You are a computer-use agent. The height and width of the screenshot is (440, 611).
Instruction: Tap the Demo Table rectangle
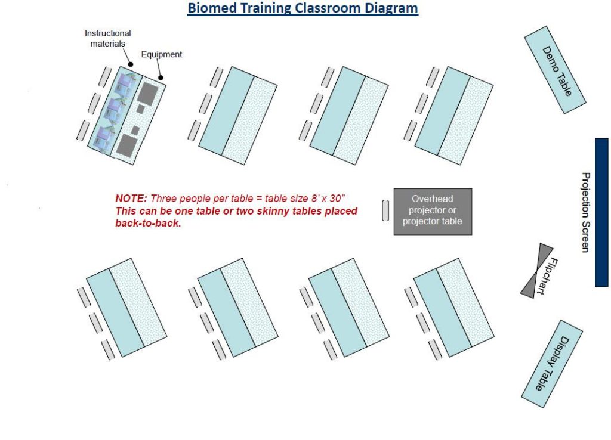coord(554,70)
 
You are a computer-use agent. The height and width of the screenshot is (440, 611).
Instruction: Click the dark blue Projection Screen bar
coord(601,212)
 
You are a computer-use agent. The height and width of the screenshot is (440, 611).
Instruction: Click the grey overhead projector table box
coord(433,212)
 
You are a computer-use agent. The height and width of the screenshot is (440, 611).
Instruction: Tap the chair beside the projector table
coord(385,211)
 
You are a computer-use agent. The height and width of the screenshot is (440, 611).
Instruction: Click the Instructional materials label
coord(107,39)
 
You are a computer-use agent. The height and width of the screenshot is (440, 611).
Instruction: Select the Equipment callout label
coord(162,55)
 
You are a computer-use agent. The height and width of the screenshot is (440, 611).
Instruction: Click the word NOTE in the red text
coord(131,199)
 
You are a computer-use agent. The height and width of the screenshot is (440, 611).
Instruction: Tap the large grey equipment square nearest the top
coord(147,94)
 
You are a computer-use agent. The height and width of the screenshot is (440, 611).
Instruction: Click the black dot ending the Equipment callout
coord(161,77)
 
